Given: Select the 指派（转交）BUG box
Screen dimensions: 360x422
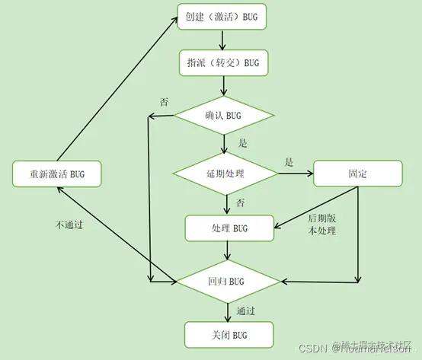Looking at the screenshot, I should tap(223, 62).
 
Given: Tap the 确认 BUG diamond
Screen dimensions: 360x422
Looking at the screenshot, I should tap(224, 116).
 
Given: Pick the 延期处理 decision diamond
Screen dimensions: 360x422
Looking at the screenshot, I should tap(225, 174).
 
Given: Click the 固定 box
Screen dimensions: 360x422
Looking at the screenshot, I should tap(358, 174).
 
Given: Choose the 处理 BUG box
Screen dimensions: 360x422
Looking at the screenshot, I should tap(229, 228).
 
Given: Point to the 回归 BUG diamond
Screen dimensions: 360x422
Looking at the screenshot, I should tap(229, 281).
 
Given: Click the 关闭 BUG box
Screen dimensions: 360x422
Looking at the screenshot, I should tap(229, 334).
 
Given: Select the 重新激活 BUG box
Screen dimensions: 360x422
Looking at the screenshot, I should tap(57, 174).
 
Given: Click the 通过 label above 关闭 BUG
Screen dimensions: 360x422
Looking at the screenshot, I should tap(245, 311).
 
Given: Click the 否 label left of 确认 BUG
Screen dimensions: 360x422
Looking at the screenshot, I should tap(164, 101).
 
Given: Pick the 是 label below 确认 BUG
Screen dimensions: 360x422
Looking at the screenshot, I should tap(243, 142).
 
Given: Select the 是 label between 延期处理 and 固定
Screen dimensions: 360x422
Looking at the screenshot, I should tap(289, 161).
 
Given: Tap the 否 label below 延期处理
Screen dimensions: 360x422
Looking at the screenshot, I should tap(240, 202).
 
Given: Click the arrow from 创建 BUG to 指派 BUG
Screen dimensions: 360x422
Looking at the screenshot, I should tap(223, 40).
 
